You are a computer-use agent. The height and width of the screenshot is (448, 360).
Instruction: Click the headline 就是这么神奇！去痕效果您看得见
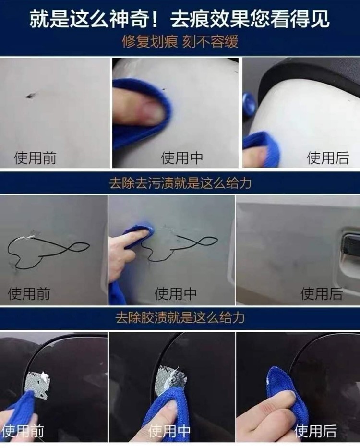point(180,19)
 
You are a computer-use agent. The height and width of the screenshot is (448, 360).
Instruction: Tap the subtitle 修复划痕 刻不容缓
point(180,42)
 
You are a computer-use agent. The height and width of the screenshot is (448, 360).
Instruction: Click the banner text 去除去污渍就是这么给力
point(180,183)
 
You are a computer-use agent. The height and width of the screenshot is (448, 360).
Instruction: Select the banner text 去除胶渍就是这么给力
point(180,317)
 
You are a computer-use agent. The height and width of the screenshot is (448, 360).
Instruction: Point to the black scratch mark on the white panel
point(30,96)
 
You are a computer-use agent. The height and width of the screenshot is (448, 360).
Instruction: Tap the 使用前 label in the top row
point(35,157)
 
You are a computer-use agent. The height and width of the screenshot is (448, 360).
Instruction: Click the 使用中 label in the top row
point(182,157)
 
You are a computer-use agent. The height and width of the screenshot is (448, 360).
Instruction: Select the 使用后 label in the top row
point(328,157)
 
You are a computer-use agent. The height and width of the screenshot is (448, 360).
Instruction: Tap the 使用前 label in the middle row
point(29,293)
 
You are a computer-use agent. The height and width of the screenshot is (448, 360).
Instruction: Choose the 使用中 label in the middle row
point(176,293)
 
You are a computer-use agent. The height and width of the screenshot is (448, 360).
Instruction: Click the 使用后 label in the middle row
point(322,293)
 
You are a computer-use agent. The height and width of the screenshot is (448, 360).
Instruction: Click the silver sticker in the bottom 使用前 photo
point(37,384)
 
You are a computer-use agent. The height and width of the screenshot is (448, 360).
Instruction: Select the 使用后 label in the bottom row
point(315,431)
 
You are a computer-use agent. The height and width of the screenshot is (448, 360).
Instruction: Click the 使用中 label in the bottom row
point(169,431)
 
